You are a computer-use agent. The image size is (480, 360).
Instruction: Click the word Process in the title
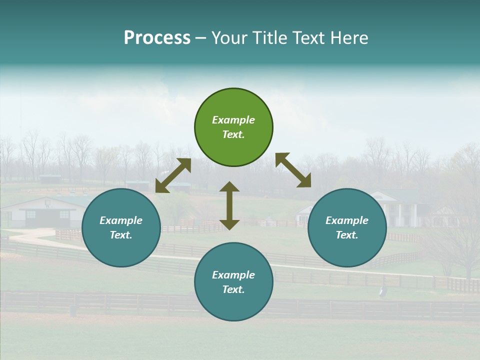coord(157,38)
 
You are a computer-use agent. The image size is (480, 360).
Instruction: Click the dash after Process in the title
coord(200,38)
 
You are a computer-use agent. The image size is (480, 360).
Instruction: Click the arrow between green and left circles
coord(173,175)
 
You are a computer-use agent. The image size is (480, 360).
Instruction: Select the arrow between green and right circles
coord(293,170)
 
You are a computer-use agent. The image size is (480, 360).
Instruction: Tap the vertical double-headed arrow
coord(229,205)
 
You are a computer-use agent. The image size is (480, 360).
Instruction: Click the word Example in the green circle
coord(233,120)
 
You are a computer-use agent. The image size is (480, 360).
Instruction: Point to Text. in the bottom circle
coord(233,289)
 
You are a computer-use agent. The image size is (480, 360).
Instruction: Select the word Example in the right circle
coord(347,220)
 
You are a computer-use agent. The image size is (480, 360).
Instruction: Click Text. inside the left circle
coord(121,235)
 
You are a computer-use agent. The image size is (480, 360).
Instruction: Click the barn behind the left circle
coord(45,212)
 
